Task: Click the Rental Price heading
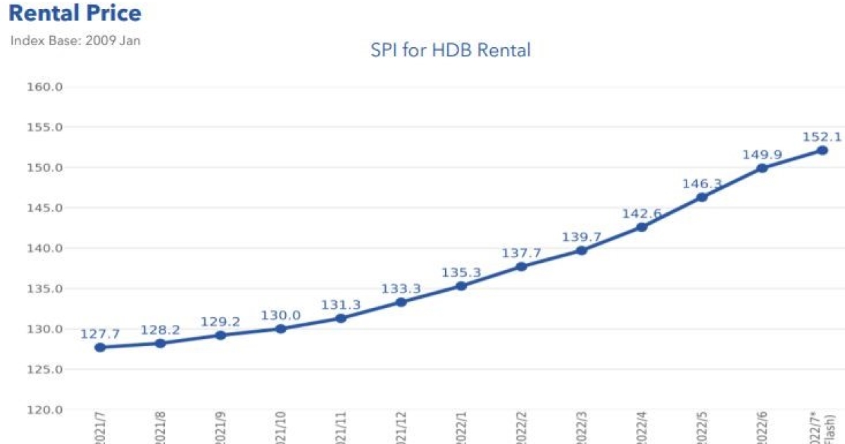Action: pyautogui.click(x=75, y=13)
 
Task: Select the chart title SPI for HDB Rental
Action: pyautogui.click(x=451, y=50)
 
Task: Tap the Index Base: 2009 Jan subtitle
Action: pyautogui.click(x=75, y=40)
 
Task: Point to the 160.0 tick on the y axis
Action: pyautogui.click(x=45, y=87)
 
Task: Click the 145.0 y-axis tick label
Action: pyautogui.click(x=45, y=208)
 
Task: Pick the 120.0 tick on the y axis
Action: pyautogui.click(x=45, y=409)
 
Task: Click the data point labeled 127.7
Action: pyautogui.click(x=100, y=347)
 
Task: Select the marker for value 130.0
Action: pyautogui.click(x=281, y=328)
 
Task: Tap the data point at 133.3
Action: pyautogui.click(x=401, y=302)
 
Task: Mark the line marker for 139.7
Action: pyautogui.click(x=582, y=250)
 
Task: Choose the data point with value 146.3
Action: pyautogui.click(x=701, y=197)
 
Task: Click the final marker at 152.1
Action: pyautogui.click(x=822, y=150)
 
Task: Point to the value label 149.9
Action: pyautogui.click(x=761, y=154)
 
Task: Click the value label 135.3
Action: pyautogui.click(x=461, y=272)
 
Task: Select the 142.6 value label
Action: pyautogui.click(x=641, y=214)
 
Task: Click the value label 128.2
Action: pyautogui.click(x=160, y=330)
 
